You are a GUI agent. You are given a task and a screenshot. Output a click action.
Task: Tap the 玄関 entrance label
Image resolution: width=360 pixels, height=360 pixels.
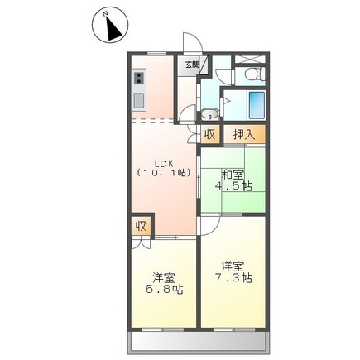tap(191, 65)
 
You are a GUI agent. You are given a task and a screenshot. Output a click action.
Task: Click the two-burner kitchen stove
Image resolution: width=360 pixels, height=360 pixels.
tap(138, 81)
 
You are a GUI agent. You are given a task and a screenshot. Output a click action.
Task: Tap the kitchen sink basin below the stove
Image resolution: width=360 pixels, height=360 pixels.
tap(138, 101)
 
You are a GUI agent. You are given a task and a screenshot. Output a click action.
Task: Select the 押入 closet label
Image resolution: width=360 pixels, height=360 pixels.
tap(242, 134)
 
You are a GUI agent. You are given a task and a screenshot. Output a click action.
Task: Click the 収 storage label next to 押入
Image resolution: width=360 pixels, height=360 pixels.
tap(210, 134)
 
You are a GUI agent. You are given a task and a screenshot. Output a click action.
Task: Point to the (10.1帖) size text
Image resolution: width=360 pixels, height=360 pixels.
tap(163, 173)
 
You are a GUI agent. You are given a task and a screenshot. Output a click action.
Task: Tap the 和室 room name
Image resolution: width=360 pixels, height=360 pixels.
tap(233, 174)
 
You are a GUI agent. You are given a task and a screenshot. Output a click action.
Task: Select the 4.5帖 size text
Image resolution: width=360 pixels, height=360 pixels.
tap(233, 186)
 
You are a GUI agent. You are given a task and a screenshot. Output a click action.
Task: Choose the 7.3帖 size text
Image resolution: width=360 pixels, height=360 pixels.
tap(233, 279)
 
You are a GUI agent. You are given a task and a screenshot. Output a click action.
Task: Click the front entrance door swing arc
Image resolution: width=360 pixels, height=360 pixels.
tap(190, 43)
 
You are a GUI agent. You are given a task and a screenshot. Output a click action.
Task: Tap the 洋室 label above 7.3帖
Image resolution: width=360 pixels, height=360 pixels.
tap(233, 266)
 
